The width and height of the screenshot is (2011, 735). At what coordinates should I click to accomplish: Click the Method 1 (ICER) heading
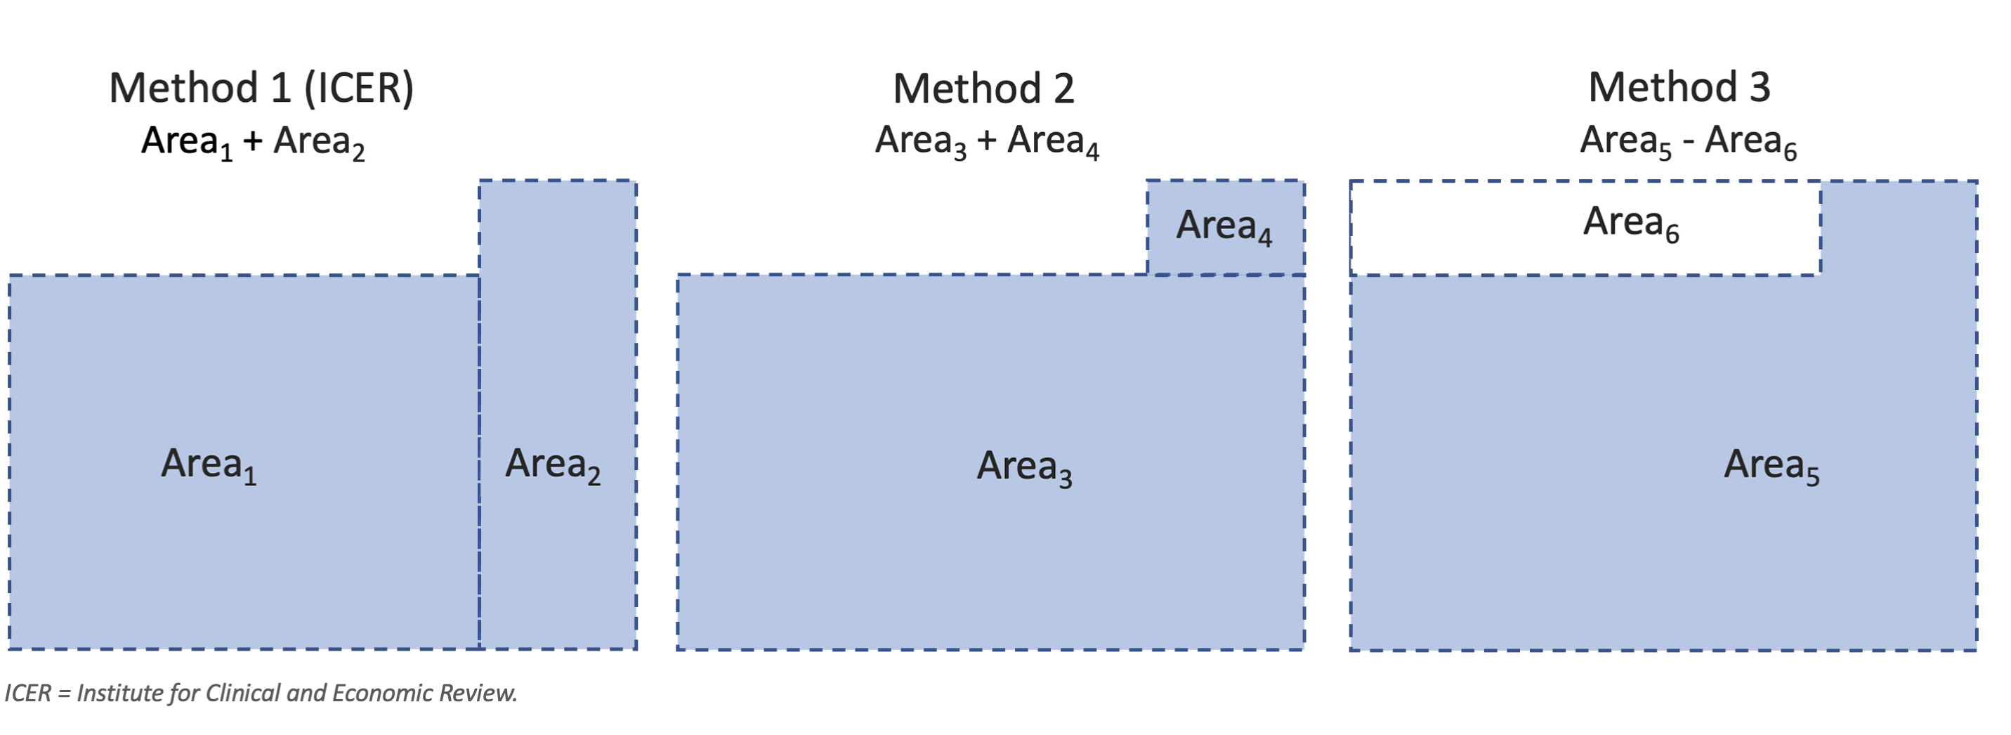[x=261, y=87]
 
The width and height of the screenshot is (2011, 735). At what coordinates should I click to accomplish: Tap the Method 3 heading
[x=1679, y=86]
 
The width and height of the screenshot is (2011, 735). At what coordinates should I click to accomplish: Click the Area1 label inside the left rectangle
[x=209, y=464]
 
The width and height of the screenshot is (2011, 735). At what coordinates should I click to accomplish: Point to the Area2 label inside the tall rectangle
[x=553, y=464]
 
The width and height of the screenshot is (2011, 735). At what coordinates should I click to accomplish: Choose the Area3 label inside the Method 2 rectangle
[x=1024, y=467]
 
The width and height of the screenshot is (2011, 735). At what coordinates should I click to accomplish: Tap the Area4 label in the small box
[x=1224, y=226]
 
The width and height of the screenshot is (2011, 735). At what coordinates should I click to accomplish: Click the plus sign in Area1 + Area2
[x=252, y=141]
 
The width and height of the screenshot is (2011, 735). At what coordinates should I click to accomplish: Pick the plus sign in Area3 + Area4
[x=987, y=141]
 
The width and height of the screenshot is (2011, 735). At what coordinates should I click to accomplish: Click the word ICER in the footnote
[x=27, y=694]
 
